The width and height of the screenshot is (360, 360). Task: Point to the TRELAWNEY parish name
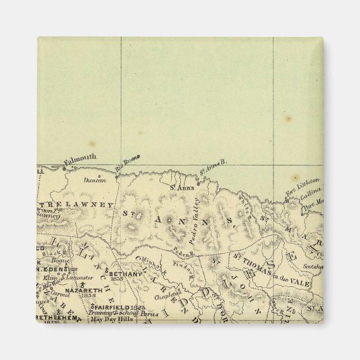(78, 206)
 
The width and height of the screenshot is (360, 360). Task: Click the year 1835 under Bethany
(117, 281)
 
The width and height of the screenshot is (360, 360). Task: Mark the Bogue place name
(61, 260)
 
